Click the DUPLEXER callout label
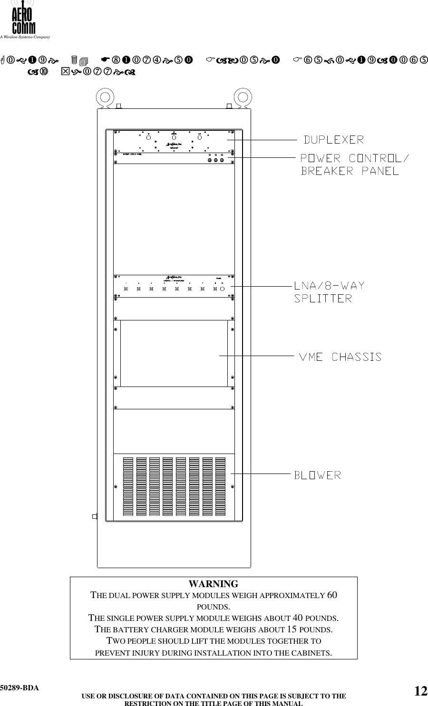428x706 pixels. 334,140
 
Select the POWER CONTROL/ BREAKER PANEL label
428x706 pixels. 354,164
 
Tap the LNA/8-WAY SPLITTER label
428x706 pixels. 329,292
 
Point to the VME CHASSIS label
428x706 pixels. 340,357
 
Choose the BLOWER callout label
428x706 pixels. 317,475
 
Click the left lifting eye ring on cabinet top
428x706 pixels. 105,98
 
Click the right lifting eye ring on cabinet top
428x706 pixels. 243,98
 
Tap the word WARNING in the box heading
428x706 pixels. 214,584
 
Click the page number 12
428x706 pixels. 420,691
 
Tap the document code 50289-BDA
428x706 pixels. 19,688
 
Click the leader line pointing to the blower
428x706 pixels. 261,474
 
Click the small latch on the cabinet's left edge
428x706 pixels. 95,516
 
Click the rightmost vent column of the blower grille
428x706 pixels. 220,487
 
